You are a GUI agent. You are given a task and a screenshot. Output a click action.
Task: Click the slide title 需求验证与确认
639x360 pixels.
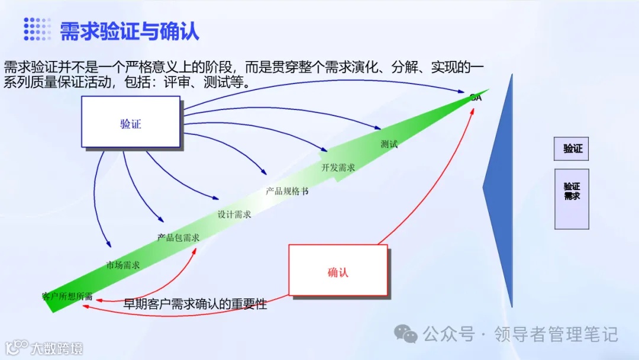tap(130, 30)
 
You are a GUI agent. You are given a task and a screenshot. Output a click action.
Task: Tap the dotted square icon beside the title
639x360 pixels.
tap(37, 29)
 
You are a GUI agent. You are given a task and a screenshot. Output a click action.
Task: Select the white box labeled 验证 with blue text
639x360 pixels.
tap(131, 122)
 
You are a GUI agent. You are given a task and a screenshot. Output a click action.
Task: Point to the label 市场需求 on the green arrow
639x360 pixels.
tap(122, 265)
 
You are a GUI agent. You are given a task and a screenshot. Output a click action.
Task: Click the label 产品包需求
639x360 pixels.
tap(178, 237)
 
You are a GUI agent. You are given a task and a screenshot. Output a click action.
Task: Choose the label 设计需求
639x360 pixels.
tap(234, 214)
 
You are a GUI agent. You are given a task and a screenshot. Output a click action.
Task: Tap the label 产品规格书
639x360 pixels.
tap(287, 191)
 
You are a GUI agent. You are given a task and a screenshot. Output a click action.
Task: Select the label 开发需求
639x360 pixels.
tap(338, 167)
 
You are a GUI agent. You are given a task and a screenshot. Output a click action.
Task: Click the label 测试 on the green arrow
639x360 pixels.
tap(389, 144)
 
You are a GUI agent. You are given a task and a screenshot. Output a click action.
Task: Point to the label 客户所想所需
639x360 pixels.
tap(67, 296)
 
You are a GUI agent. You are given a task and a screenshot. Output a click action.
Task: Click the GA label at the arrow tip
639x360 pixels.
tap(476, 98)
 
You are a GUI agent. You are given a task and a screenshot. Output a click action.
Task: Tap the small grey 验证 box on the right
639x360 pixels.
tap(572, 149)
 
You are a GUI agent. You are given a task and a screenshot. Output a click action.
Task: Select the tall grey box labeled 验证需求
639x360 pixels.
tap(572, 198)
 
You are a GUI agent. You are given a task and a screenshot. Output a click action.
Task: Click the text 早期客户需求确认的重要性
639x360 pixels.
tap(195, 304)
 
